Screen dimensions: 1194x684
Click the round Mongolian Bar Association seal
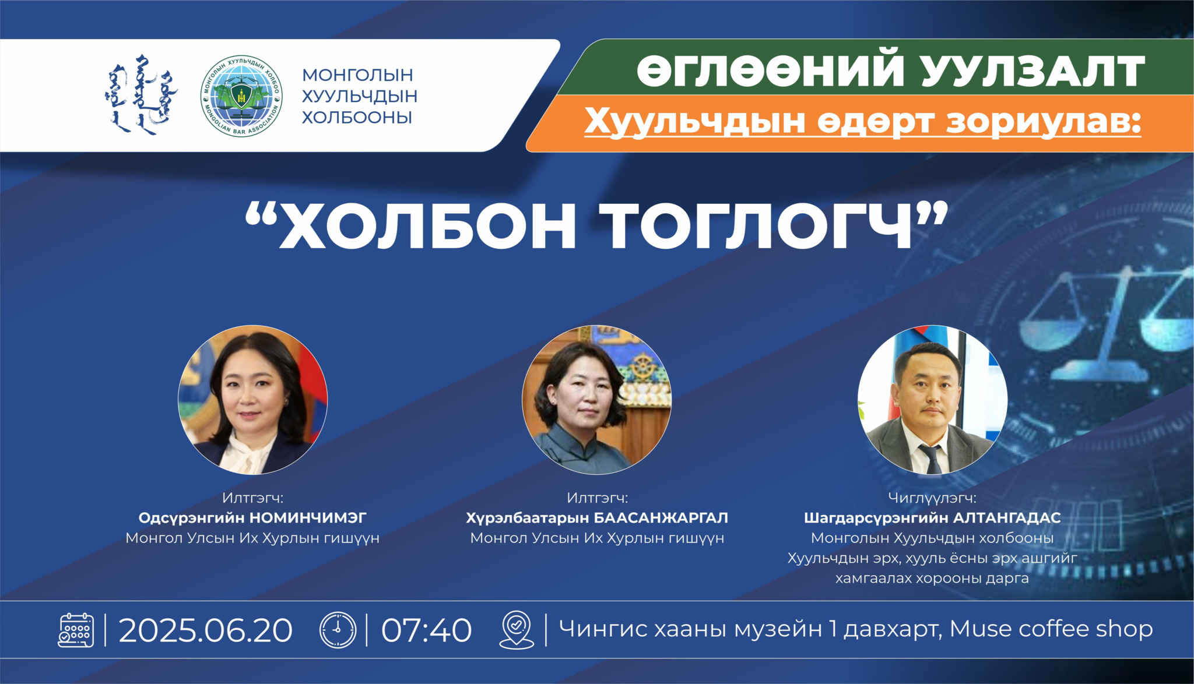(241, 96)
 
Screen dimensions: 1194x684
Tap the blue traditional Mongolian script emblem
(142, 94)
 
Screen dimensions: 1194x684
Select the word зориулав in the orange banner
(1043, 121)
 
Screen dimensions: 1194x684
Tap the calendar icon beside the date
(76, 630)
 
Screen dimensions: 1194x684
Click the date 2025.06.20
(205, 630)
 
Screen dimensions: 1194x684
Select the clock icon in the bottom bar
(338, 630)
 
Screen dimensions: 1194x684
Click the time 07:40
(426, 630)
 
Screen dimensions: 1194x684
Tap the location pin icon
(517, 630)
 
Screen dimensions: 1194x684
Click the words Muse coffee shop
(1051, 629)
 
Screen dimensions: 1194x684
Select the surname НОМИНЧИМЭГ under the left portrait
(308, 517)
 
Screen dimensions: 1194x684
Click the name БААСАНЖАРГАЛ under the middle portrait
(661, 517)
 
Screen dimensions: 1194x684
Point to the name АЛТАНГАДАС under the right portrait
(1007, 517)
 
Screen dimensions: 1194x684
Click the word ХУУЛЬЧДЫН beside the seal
(359, 96)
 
